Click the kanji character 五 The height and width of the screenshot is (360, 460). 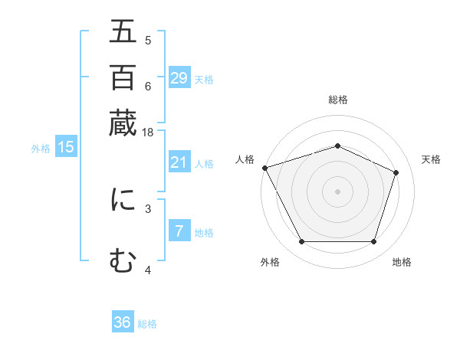[x=123, y=33]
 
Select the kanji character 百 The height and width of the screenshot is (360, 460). [x=123, y=77]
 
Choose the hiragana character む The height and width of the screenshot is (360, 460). [x=123, y=261]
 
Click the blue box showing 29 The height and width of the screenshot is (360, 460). [x=179, y=78]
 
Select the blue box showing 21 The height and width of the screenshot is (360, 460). [x=179, y=162]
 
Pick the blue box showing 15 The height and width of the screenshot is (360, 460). [x=66, y=148]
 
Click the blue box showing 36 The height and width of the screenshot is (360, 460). [x=123, y=322]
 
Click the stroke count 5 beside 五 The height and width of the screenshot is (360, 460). [x=148, y=40]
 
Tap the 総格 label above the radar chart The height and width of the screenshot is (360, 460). [x=337, y=100]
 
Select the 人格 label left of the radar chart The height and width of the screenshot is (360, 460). [x=245, y=159]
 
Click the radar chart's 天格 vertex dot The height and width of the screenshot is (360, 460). [x=396, y=172]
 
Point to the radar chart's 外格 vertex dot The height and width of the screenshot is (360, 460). [x=301, y=242]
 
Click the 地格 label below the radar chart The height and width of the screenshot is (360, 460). [x=402, y=262]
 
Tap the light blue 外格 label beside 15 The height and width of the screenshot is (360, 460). [x=41, y=149]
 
